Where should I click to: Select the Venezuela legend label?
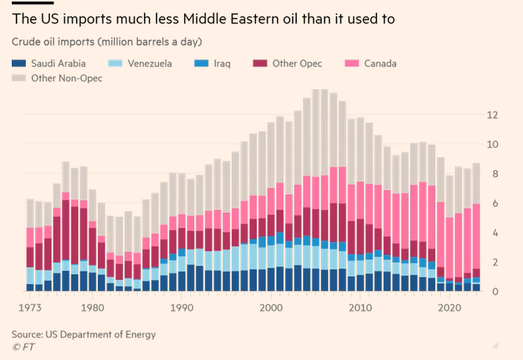click(149, 63)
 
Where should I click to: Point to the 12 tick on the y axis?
click(492, 115)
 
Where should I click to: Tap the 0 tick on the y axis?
click(495, 291)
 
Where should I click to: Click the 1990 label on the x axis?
click(181, 308)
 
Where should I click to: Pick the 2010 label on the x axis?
click(360, 308)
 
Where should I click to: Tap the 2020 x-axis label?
click(449, 308)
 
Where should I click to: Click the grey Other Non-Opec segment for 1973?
click(31, 213)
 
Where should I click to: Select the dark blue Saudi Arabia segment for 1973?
click(31, 287)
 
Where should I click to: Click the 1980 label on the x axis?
click(92, 308)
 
